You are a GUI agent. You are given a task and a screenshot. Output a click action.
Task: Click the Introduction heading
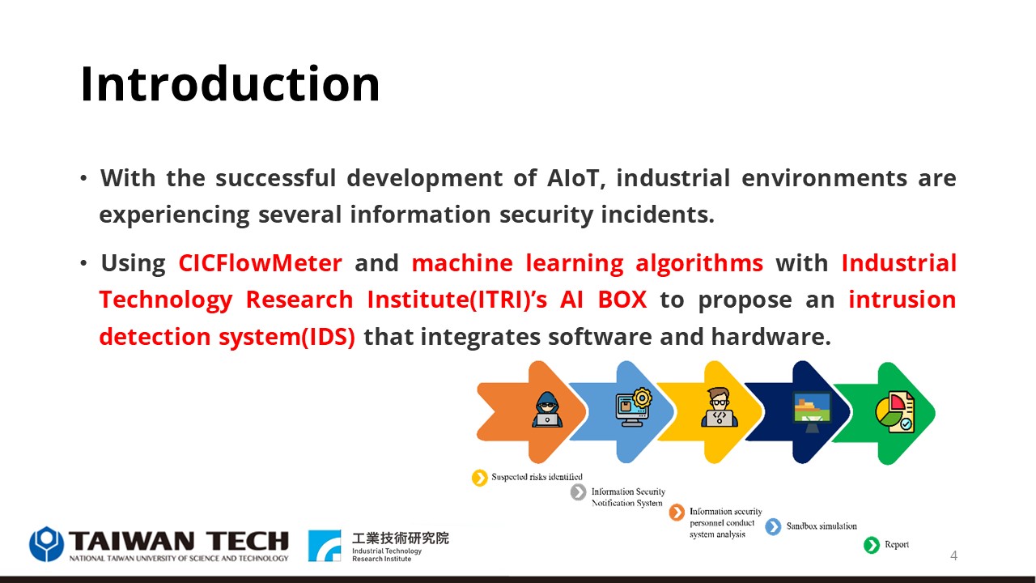tap(230, 83)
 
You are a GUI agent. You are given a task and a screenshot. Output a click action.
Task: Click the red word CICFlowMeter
tap(261, 263)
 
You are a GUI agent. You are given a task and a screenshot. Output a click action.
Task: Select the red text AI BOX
tap(604, 300)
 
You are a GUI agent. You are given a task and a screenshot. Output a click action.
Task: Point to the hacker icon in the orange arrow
tap(547, 410)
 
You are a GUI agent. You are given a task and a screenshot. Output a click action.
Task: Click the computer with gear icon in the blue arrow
tap(633, 407)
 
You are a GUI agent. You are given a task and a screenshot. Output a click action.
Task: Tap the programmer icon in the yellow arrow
tap(720, 407)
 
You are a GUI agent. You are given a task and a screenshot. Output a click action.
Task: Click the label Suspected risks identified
tap(537, 477)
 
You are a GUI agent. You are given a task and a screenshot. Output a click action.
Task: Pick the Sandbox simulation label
tap(822, 526)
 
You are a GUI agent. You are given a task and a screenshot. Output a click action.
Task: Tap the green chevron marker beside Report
tap(872, 545)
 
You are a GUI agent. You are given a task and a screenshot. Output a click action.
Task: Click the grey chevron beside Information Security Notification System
tap(578, 492)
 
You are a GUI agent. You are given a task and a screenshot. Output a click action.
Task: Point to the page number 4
tap(953, 555)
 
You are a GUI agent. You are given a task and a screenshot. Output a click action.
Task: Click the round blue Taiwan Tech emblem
tap(46, 543)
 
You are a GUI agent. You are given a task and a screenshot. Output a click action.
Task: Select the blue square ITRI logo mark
tap(325, 546)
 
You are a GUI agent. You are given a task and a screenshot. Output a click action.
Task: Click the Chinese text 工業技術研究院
tap(401, 538)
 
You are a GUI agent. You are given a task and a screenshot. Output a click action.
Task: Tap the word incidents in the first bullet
tap(658, 215)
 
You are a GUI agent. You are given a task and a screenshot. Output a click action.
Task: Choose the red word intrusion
tap(902, 300)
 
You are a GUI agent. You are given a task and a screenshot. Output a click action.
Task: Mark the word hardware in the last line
tap(771, 336)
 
